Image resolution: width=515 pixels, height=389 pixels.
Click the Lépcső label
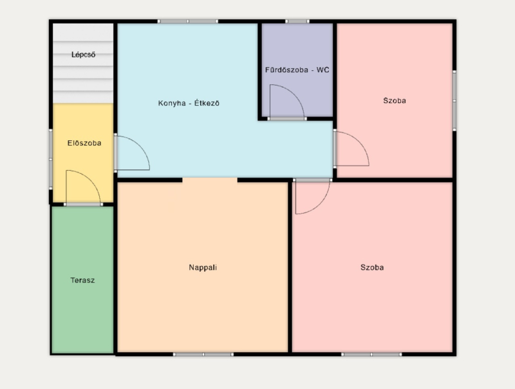click(84, 55)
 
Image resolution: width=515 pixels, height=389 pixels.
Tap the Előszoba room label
click(84, 143)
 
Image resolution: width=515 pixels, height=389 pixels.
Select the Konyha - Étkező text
click(189, 103)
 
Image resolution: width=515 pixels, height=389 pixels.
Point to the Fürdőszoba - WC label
click(297, 70)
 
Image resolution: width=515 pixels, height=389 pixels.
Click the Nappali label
click(203, 267)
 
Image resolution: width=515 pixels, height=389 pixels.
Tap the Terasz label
click(82, 280)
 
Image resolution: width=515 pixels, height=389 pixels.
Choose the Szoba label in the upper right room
click(395, 100)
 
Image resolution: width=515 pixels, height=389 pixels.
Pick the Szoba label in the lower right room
click(372, 267)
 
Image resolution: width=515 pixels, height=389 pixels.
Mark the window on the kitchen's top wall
click(187, 21)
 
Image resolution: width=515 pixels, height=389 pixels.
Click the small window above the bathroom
click(297, 21)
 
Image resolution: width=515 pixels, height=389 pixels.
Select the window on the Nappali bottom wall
click(203, 354)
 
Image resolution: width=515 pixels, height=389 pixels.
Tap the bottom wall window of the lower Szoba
click(371, 354)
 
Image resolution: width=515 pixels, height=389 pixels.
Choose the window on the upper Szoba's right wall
click(454, 100)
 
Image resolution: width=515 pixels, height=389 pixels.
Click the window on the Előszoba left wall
click(51, 159)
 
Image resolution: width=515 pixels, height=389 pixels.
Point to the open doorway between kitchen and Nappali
click(210, 180)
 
